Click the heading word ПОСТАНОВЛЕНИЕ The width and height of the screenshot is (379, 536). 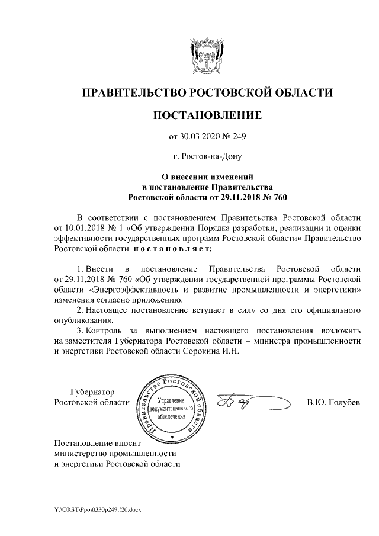(207, 114)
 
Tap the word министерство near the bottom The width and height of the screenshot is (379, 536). (79, 453)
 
